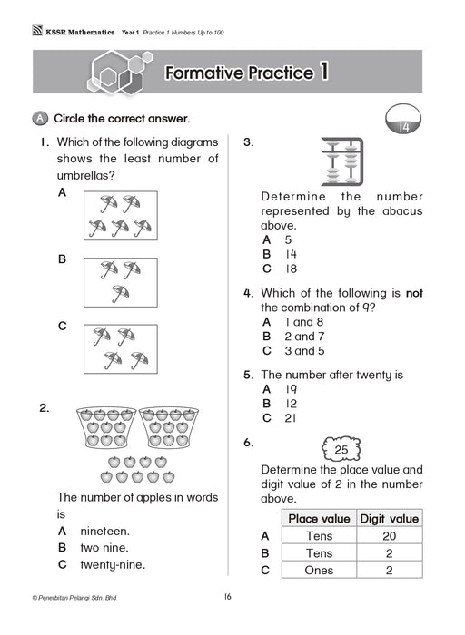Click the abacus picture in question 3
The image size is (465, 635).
[341, 161]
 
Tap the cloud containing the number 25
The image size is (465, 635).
[341, 449]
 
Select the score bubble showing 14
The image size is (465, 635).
[403, 120]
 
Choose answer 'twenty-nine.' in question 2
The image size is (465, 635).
[113, 564]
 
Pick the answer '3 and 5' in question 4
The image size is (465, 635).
[304, 351]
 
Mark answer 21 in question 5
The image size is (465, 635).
[291, 418]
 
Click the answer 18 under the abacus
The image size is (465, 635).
[291, 269]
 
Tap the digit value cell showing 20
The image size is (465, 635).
[390, 536]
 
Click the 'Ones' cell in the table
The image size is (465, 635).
[319, 571]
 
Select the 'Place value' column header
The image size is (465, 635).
[319, 518]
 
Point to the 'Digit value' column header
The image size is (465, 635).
[390, 518]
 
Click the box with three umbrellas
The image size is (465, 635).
[121, 282]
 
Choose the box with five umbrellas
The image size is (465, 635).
[121, 216]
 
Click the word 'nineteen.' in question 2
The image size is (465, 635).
[105, 531]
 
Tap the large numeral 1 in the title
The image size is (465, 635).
[323, 72]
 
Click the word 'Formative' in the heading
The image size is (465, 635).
[204, 73]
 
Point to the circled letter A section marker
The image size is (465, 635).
[40, 118]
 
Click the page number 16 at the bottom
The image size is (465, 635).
[227, 597]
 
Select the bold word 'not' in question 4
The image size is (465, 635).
[414, 293]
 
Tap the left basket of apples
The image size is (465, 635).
[106, 427]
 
